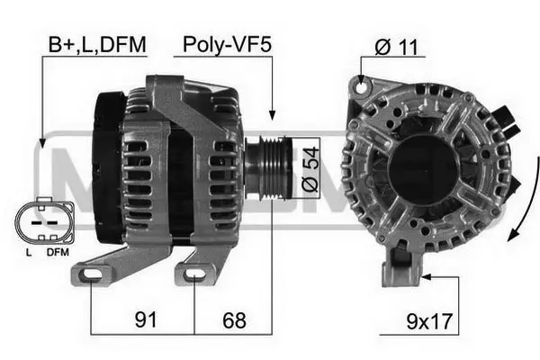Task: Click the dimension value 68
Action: pos(232,319)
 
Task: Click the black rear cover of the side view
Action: pos(108,166)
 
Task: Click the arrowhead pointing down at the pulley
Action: pos(273,114)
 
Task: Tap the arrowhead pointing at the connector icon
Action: pos(42,142)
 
